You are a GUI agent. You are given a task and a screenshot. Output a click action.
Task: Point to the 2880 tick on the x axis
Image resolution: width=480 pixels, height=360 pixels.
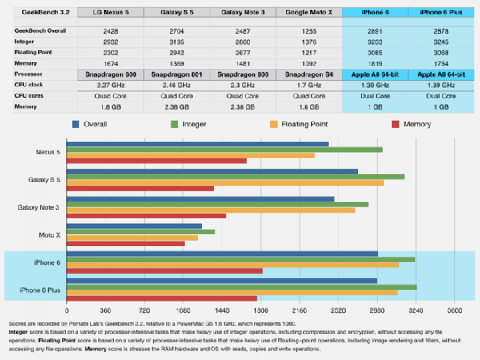tap(377, 310)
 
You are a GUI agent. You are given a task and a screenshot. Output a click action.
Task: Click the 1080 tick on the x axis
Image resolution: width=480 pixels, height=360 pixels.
tap(183, 310)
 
